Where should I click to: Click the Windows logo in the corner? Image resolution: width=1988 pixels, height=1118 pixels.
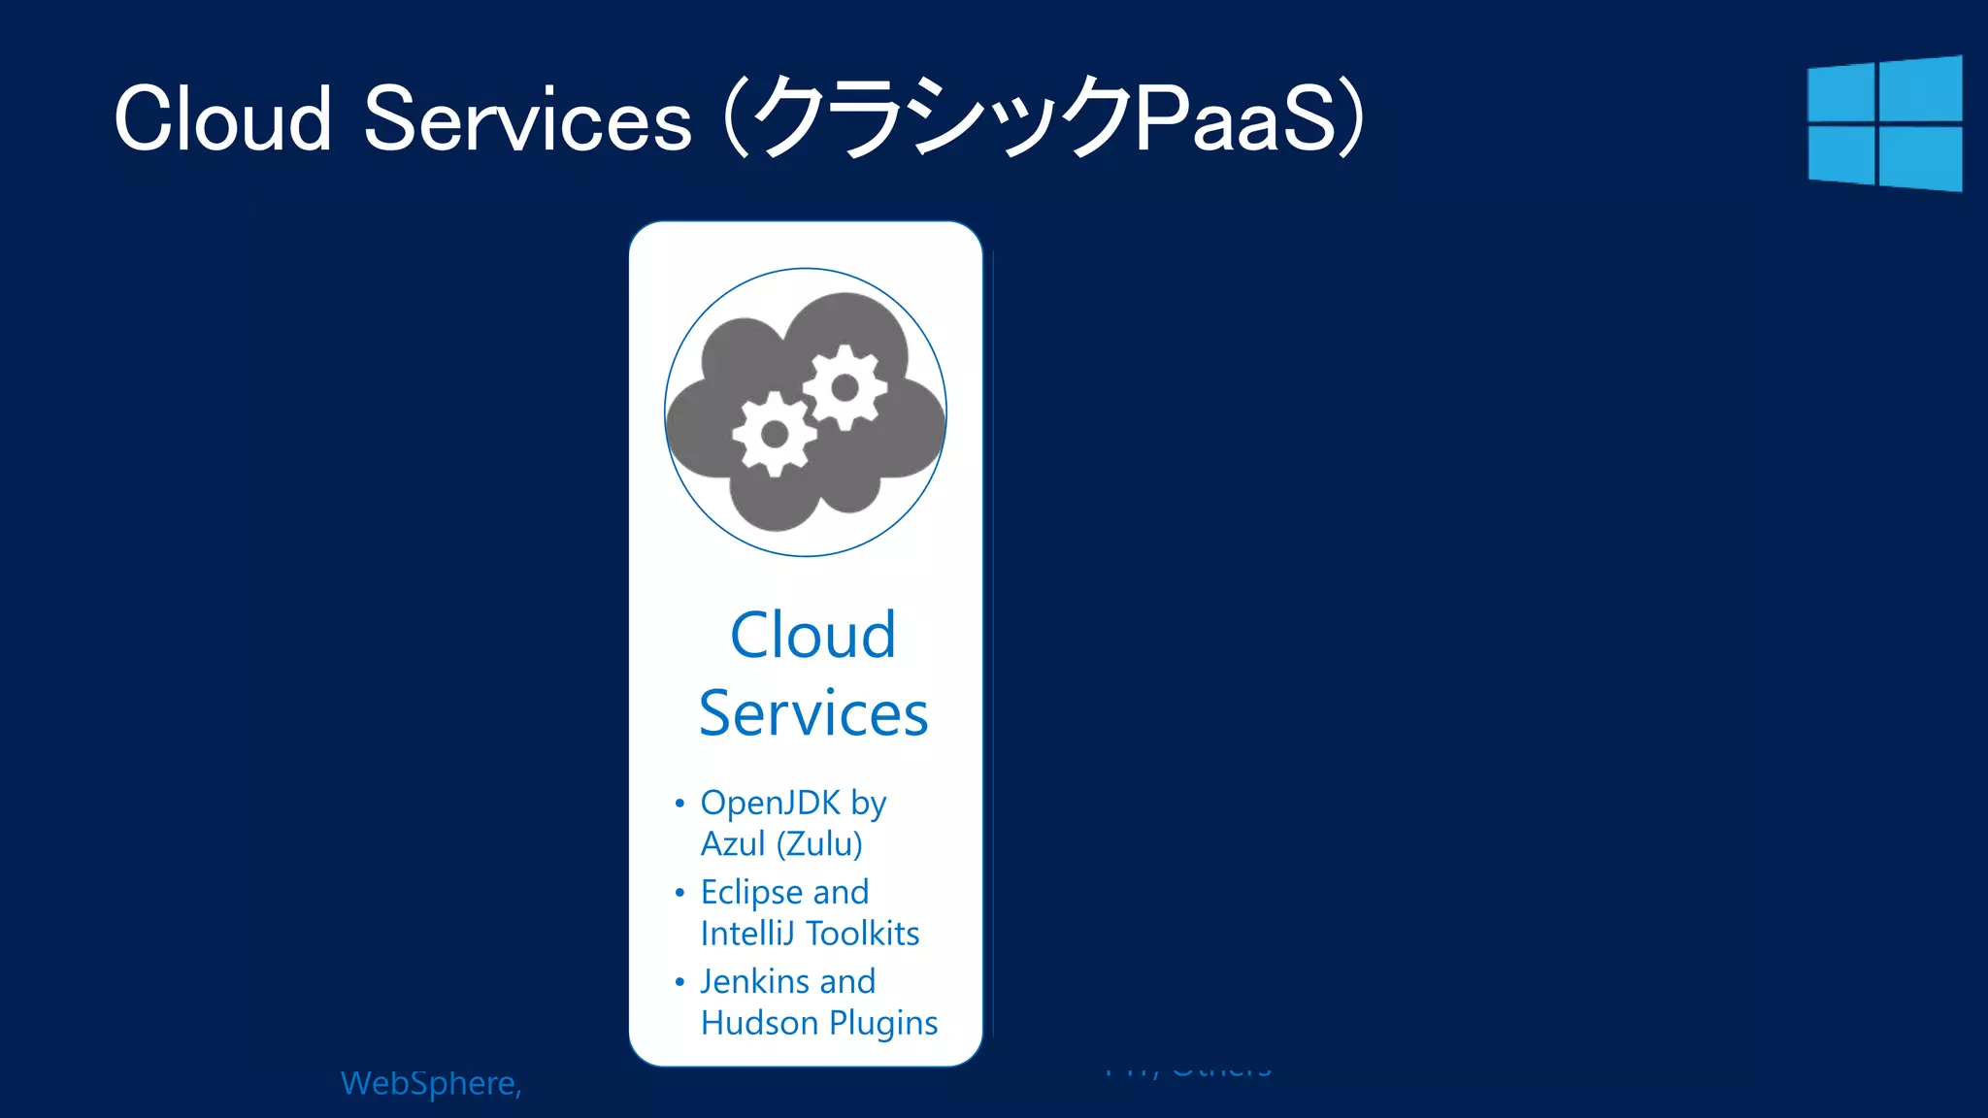[1884, 123]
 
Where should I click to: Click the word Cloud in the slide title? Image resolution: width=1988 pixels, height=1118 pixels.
[222, 119]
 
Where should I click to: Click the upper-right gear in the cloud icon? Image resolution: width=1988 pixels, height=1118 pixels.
[845, 387]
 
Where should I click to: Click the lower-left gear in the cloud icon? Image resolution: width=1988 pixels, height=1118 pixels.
[774, 434]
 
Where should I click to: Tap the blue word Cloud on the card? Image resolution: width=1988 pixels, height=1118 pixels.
[812, 636]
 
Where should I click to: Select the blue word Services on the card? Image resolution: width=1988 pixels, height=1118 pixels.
[813, 713]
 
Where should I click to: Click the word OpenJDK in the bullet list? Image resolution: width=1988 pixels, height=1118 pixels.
[771, 803]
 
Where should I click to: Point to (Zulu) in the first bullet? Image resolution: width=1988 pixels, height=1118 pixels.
[819, 844]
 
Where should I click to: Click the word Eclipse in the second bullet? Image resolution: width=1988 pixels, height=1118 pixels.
[751, 893]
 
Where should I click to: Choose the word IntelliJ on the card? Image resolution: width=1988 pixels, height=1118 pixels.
[748, 934]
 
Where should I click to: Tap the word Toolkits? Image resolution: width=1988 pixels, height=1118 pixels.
[863, 934]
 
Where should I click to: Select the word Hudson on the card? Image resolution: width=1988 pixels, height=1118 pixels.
[759, 1023]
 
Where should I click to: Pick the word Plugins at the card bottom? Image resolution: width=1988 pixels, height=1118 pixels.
[883, 1024]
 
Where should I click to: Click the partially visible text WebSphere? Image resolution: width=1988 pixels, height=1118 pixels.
[431, 1083]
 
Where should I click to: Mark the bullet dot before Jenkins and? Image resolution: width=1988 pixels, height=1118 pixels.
[679, 982]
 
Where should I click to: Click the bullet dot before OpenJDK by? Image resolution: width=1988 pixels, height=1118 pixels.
[679, 803]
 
